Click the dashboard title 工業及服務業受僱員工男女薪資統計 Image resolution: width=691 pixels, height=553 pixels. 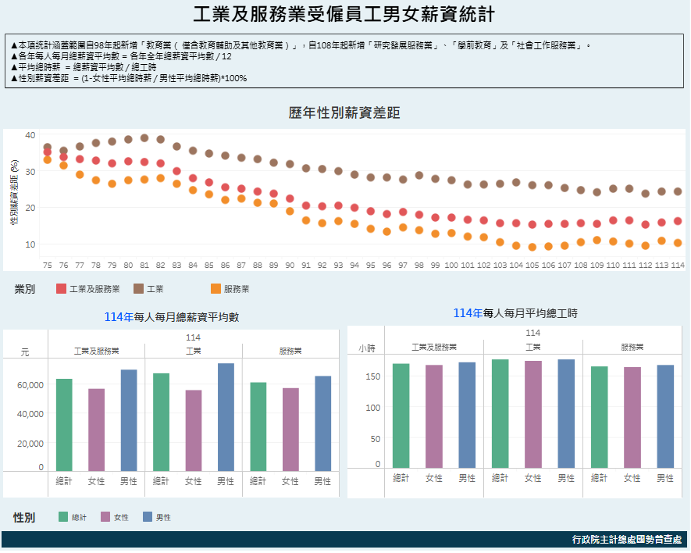pos(344,15)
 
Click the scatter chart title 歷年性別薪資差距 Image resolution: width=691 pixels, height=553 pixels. pos(344,113)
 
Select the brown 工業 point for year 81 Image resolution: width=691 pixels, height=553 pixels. pos(144,138)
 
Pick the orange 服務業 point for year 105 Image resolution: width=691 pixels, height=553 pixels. pos(532,247)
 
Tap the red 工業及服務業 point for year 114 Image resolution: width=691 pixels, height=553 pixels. pos(678,221)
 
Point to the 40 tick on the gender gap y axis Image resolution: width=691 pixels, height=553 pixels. pos(30,136)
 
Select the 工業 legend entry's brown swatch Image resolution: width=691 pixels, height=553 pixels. pos(139,289)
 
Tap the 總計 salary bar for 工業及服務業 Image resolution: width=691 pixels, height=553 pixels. pos(64,425)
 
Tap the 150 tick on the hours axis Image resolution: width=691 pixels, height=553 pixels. pos(373,377)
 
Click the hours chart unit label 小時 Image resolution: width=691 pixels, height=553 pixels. pos(367,348)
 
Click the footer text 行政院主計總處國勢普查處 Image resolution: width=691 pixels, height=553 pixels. pos(626,540)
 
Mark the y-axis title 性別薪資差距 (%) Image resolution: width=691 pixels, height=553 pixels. pos(14,191)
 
